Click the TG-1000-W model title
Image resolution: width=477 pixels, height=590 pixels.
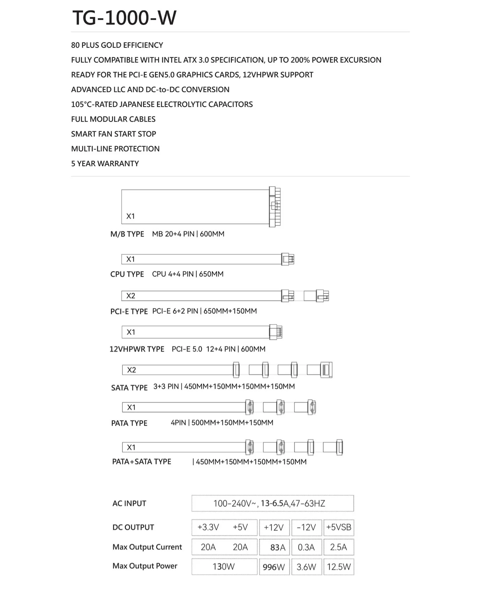point(124,17)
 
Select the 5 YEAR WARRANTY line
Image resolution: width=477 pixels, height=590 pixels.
point(105,163)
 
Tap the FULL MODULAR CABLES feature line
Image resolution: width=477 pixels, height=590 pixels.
point(113,119)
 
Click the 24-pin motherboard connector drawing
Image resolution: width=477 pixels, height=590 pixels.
point(275,207)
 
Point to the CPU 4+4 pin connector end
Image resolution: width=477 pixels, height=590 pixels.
point(288,259)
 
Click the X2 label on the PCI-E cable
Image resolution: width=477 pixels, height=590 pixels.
point(131,296)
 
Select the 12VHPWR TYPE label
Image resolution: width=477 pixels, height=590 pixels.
point(137,349)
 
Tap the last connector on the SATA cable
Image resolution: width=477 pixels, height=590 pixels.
point(326,370)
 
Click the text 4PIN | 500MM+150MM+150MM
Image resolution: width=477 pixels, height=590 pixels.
point(222,423)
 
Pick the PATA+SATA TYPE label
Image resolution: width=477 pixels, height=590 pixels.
point(141,461)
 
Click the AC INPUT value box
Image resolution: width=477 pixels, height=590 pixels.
point(272,503)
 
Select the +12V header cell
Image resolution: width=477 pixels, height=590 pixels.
point(274,527)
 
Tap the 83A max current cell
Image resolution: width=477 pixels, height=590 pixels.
point(274,547)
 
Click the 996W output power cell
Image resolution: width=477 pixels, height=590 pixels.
point(274,567)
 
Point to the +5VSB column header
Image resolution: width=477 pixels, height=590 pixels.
point(338,527)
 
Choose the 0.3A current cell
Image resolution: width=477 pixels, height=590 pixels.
point(306,547)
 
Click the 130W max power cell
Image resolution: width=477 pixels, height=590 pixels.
point(224,567)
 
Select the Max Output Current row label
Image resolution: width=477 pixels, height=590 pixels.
point(147,547)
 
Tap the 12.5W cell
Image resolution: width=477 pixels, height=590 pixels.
point(338,567)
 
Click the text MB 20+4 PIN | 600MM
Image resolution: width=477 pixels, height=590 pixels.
point(188,234)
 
